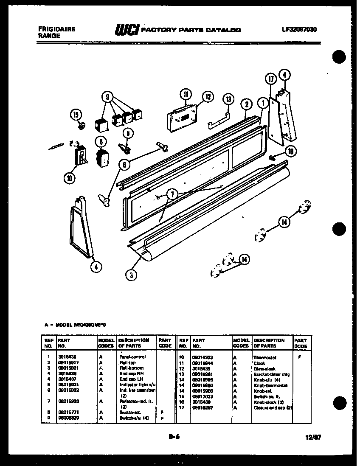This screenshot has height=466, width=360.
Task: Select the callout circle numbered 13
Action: tap(228, 100)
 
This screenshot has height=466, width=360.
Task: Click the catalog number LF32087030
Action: tap(299, 30)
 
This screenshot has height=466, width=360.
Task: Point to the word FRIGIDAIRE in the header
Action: tap(57, 29)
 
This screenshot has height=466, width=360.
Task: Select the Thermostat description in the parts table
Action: tap(265, 358)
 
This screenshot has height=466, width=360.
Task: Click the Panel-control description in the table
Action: tap(131, 357)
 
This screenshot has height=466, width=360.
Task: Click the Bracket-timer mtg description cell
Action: tap(272, 374)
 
